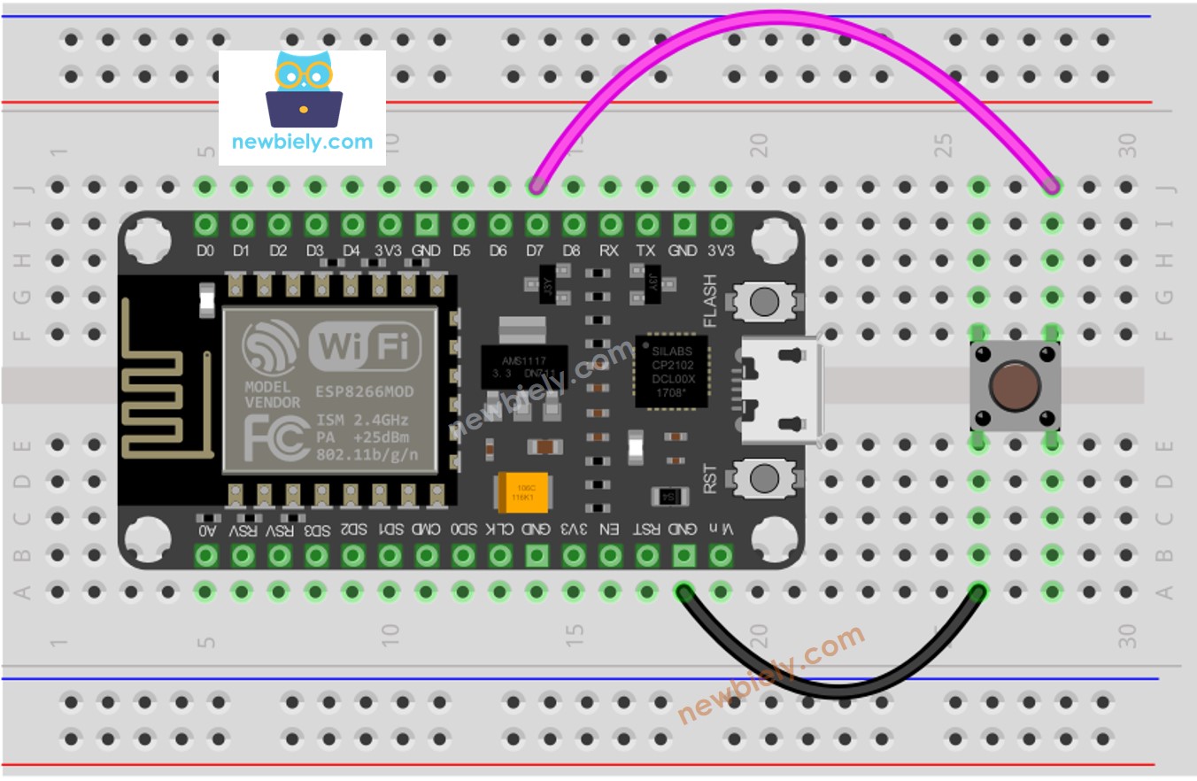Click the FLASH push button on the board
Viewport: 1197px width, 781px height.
(x=763, y=302)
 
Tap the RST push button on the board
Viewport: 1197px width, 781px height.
(x=763, y=478)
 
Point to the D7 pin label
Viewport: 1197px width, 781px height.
(x=535, y=251)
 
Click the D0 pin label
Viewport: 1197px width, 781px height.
(x=205, y=251)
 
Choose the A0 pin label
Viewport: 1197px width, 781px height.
(x=206, y=530)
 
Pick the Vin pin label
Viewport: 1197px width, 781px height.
(x=722, y=530)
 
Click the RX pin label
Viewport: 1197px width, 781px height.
(x=609, y=251)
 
